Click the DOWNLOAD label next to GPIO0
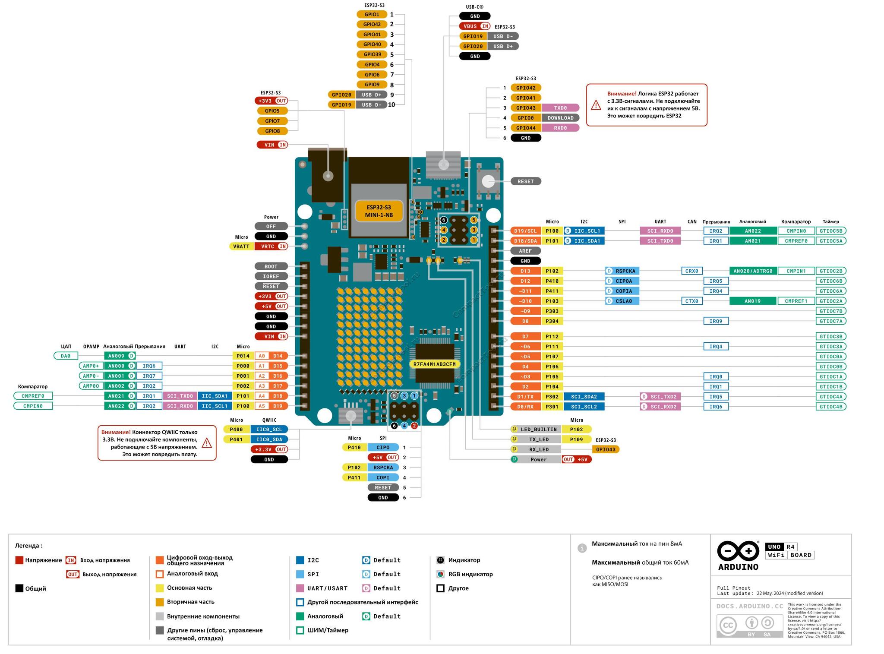(560, 118)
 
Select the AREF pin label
(525, 251)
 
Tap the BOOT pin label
(271, 266)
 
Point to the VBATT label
(241, 246)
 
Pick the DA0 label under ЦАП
(66, 356)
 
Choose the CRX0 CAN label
(691, 271)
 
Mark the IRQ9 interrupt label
(716, 321)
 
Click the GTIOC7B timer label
(831, 311)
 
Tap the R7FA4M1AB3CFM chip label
(434, 364)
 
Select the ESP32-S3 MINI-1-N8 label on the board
(379, 211)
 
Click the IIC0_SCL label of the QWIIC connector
(269, 430)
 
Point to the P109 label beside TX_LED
(576, 439)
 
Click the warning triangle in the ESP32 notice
(596, 105)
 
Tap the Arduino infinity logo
(738, 551)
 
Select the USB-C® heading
(475, 7)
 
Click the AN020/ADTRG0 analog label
(753, 271)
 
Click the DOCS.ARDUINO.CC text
(750, 606)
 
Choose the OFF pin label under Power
(271, 226)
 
